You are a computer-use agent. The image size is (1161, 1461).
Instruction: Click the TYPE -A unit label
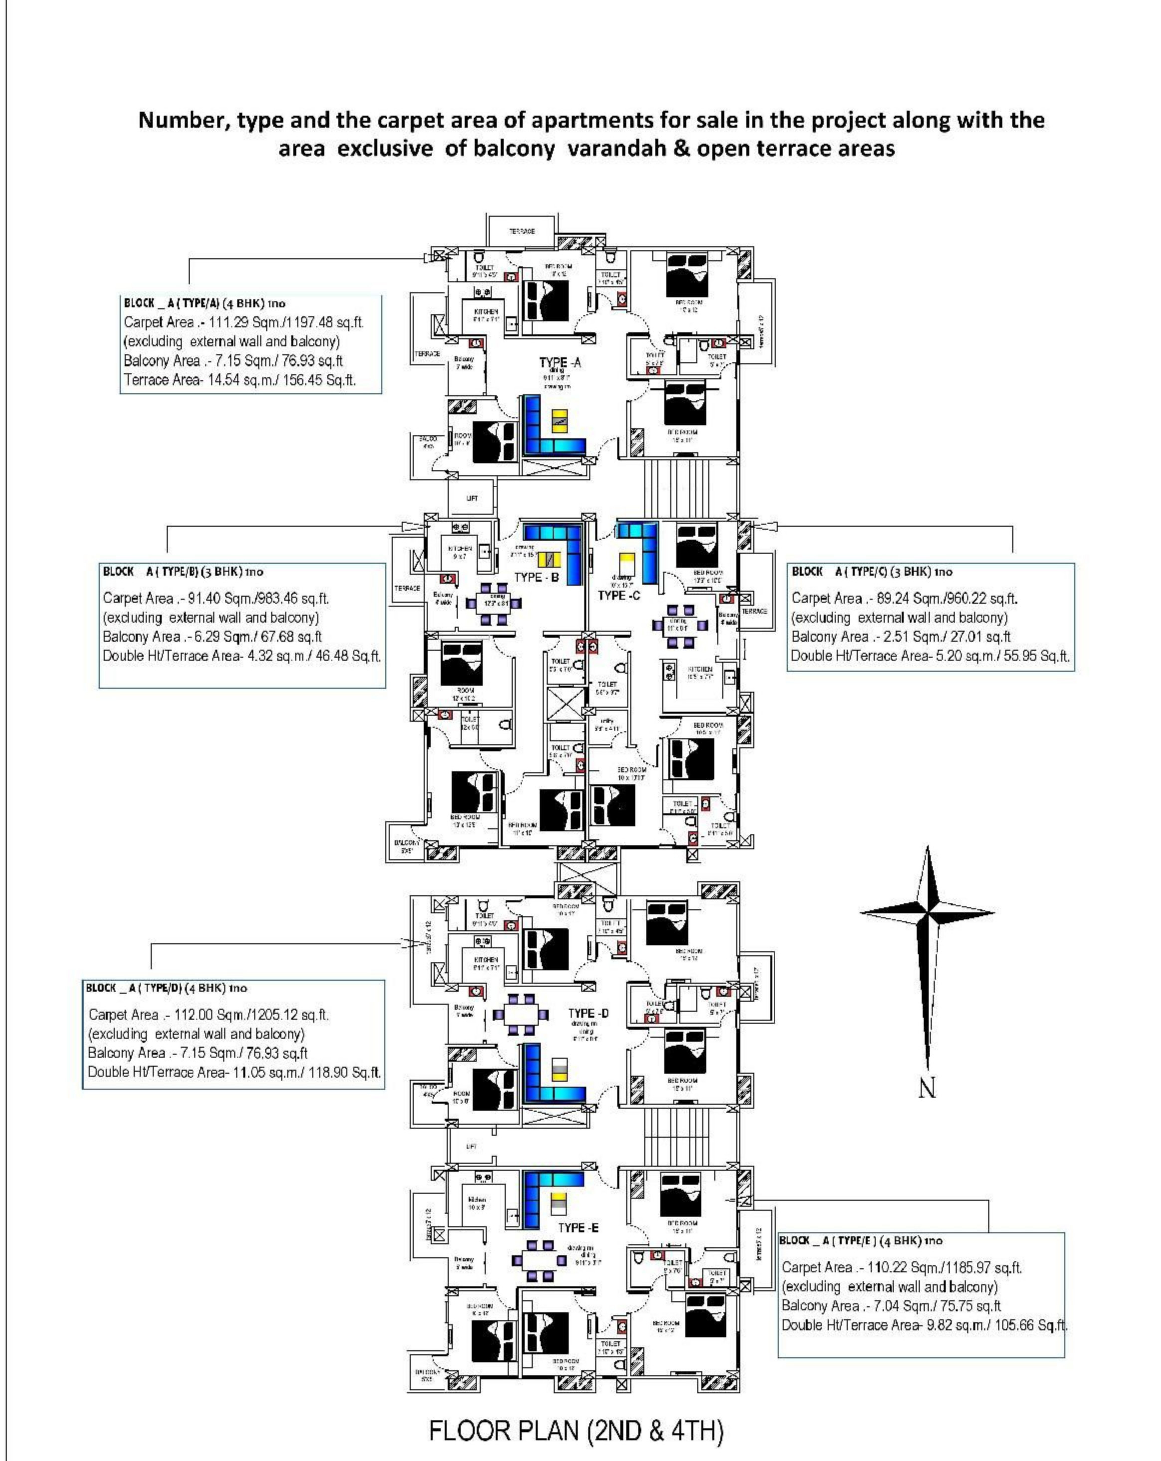[560, 363]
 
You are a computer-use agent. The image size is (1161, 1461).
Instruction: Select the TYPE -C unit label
[619, 595]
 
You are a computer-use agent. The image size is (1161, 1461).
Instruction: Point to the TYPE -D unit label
[588, 1014]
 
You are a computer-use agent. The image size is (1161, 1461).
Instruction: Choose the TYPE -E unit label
[578, 1228]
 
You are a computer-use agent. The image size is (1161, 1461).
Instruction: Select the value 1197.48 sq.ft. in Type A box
[324, 322]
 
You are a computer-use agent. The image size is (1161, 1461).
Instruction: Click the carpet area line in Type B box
[215, 598]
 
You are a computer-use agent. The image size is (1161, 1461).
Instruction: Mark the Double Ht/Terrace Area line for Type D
[234, 1072]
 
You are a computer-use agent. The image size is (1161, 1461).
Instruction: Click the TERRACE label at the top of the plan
[522, 231]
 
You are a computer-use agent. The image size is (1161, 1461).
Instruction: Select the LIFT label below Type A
[472, 498]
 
